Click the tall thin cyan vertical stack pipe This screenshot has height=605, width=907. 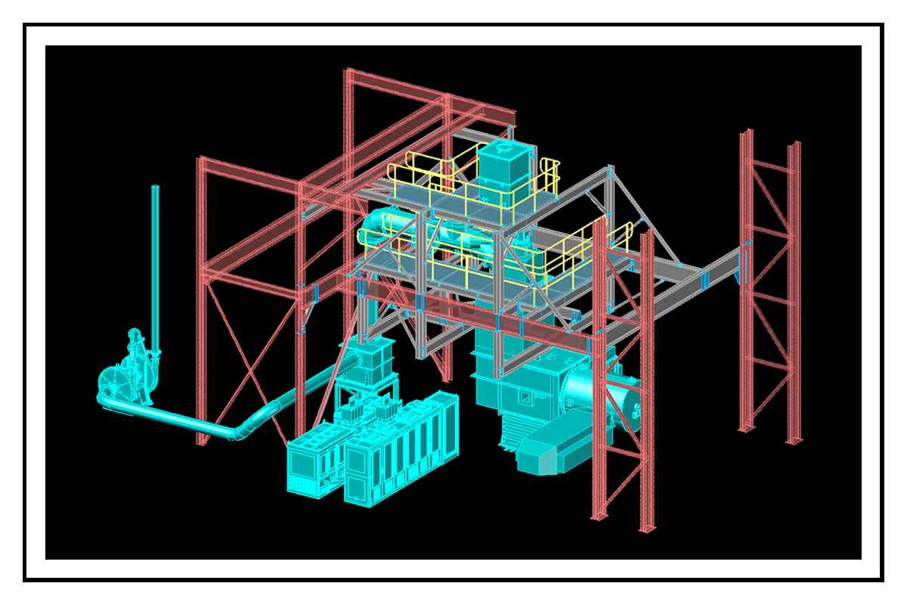click(156, 265)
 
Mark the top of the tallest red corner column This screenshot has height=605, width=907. click(348, 73)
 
